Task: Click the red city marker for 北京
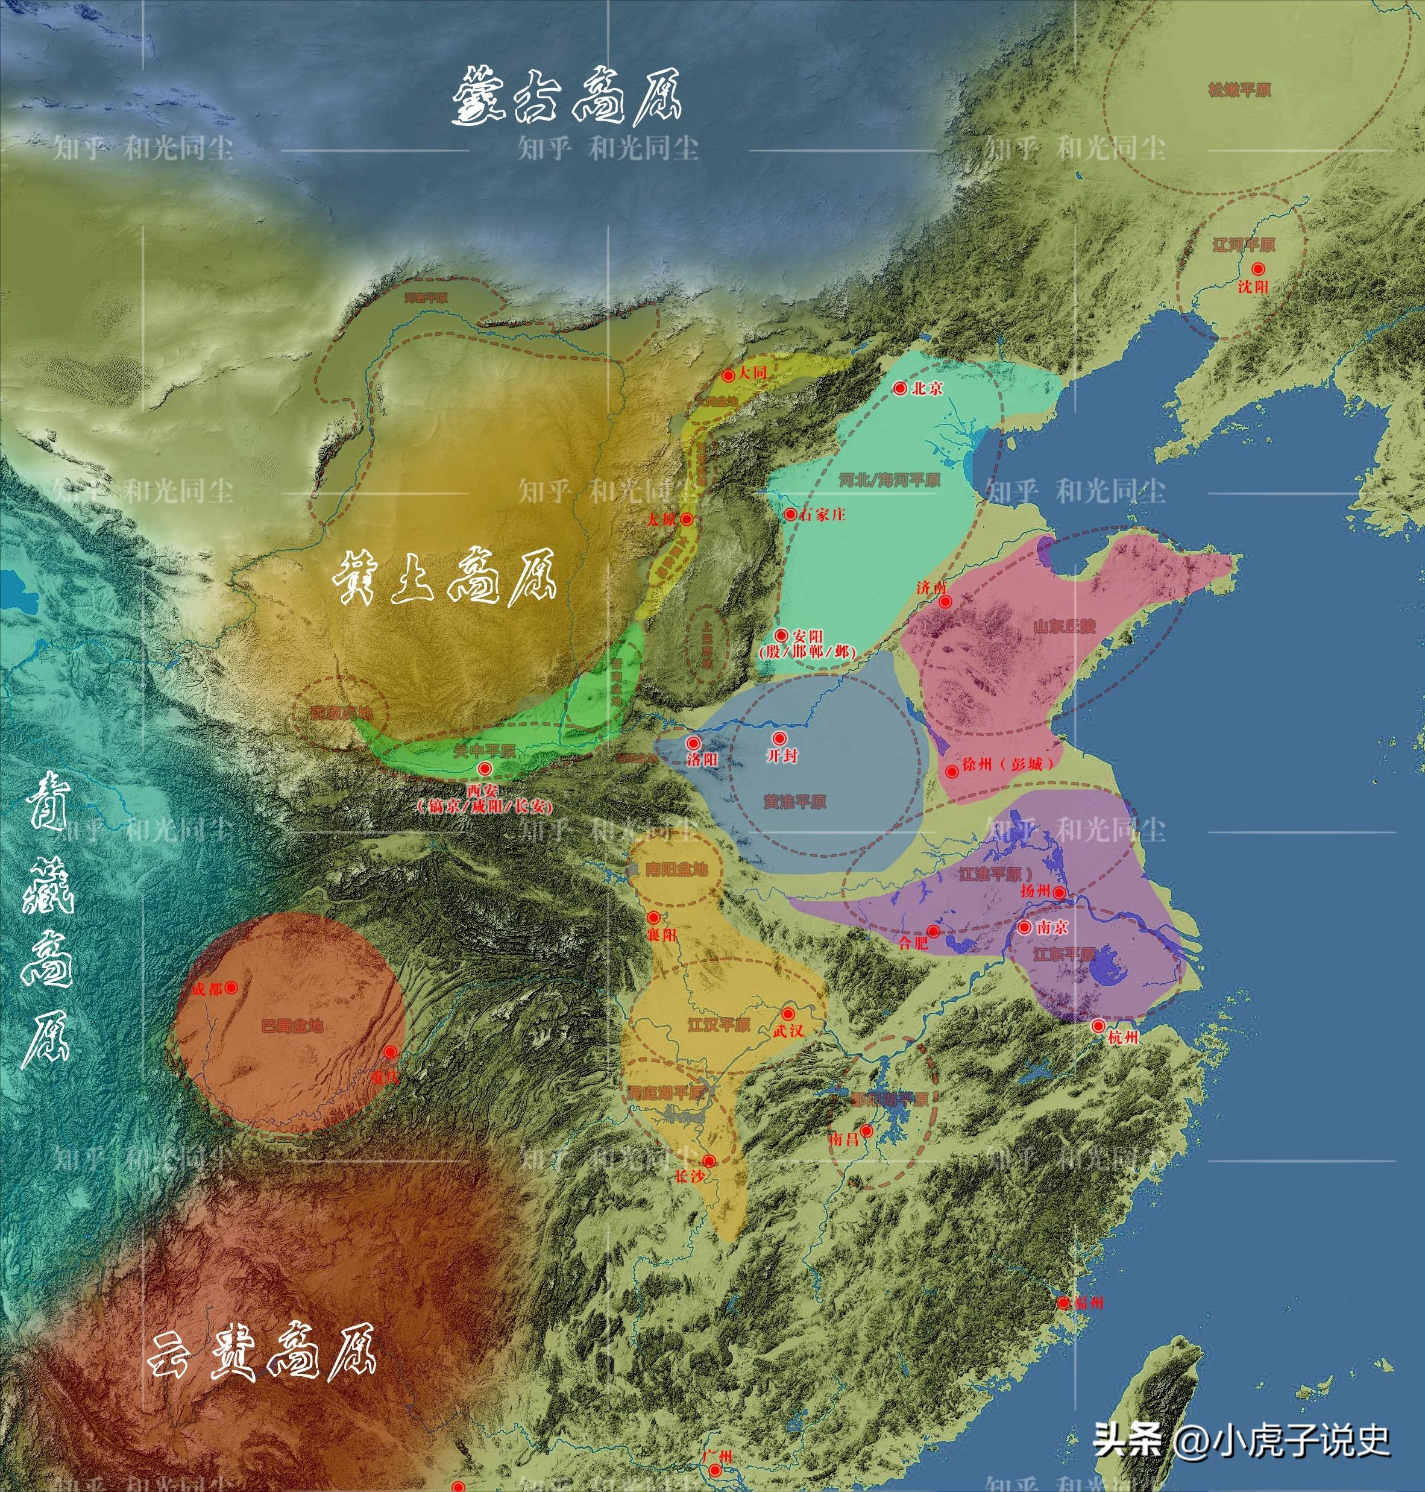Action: (900, 388)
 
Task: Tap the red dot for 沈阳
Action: (1259, 269)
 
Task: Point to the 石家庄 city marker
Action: (790, 514)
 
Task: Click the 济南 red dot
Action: (946, 602)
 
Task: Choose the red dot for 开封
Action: (779, 738)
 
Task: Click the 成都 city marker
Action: (231, 987)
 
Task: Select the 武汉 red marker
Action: (788, 1014)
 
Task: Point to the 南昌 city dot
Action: (866, 1130)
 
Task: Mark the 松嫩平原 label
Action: (1239, 90)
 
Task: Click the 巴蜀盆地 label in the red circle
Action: (292, 1027)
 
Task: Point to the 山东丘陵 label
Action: (1064, 626)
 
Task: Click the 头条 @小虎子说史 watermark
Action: (1241, 1440)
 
